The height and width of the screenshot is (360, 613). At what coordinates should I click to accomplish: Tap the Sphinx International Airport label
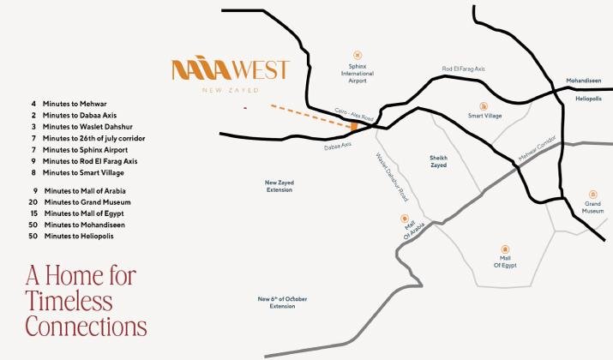358,73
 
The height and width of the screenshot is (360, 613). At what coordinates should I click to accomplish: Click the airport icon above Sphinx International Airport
358,54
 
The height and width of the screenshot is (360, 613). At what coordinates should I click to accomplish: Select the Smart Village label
484,116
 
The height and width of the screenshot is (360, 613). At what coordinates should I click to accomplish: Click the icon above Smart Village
484,102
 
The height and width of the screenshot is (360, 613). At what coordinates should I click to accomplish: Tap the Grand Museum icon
592,194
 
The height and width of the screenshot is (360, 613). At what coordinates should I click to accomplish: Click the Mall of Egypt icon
505,248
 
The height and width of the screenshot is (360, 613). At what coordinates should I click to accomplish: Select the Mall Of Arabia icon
405,219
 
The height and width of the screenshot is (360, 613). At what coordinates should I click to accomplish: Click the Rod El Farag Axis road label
463,69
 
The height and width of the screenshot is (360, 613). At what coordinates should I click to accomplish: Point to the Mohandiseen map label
584,81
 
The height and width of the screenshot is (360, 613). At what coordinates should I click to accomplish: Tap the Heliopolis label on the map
588,99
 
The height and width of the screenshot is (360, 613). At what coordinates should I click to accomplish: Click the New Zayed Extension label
279,186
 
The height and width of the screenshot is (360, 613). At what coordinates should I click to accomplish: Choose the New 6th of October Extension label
282,302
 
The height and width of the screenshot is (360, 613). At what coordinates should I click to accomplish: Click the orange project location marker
353,126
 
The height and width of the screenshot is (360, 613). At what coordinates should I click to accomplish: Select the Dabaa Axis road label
338,147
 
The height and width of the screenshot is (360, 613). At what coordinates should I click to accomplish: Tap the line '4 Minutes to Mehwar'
69,103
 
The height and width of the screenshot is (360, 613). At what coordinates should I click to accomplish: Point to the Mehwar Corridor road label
538,151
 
